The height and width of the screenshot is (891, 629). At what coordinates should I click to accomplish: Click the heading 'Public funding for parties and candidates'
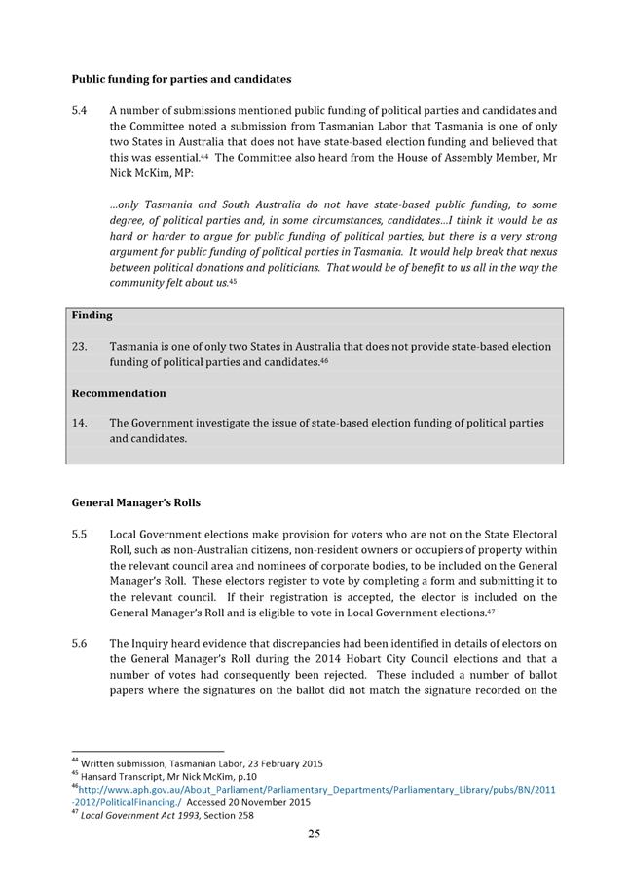point(181,79)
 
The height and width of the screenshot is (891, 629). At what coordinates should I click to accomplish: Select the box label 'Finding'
point(92,316)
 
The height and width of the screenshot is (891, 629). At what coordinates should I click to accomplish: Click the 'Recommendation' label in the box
point(119,393)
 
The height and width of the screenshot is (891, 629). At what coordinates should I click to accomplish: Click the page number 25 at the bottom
point(314,834)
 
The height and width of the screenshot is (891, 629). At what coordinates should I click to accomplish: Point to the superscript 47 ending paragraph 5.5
point(493,611)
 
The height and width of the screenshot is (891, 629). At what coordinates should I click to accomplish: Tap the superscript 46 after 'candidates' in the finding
point(325,360)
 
